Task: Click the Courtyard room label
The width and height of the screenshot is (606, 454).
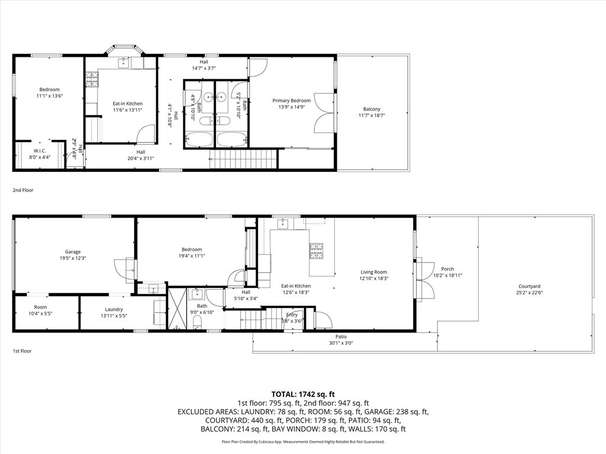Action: (529, 286)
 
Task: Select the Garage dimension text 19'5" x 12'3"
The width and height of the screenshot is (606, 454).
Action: (73, 258)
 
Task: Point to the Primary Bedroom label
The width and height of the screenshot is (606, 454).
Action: (291, 100)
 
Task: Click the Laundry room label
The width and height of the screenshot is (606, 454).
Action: (114, 309)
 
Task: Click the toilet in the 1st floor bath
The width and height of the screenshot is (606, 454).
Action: (198, 321)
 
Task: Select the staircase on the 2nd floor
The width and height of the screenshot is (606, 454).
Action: (243, 158)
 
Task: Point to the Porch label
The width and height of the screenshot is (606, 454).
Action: (447, 269)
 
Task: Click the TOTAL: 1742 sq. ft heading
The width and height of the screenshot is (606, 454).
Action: (303, 394)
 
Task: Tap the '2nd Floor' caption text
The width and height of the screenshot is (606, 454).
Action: (23, 190)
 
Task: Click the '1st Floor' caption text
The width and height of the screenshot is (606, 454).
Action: (22, 351)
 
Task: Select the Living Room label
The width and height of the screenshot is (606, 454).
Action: (374, 272)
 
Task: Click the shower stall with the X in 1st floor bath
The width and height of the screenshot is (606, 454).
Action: (177, 307)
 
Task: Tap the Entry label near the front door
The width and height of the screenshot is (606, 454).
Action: (292, 315)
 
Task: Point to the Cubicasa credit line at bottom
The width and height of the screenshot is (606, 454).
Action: (303, 442)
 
